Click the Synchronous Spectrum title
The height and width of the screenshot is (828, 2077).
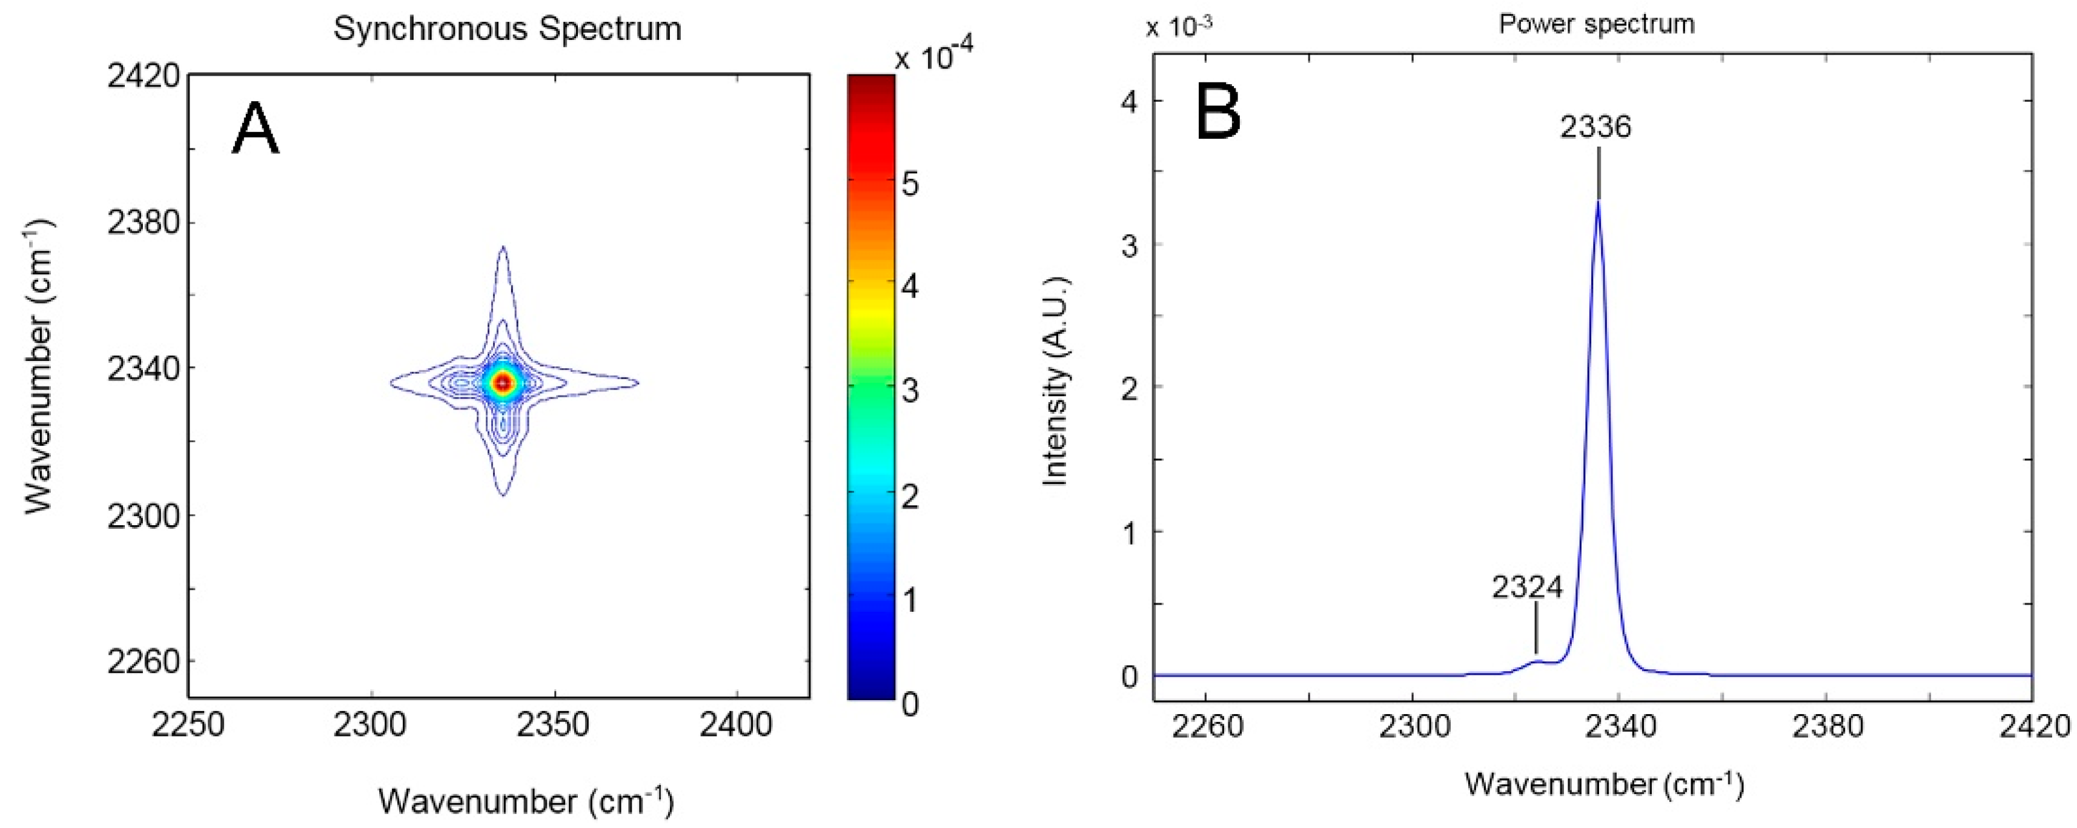(507, 29)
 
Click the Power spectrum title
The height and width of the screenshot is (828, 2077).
(1597, 24)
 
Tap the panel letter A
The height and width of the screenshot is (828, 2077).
(255, 131)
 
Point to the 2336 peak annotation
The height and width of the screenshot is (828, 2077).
(1595, 127)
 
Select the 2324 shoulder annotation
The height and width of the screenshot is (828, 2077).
(1527, 587)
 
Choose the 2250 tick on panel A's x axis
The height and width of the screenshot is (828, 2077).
(188, 726)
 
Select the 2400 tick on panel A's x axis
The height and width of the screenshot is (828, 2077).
(736, 726)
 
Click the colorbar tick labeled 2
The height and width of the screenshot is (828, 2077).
(910, 497)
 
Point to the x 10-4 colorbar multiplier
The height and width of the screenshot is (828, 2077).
(933, 56)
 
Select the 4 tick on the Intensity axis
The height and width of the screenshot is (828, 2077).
(1128, 102)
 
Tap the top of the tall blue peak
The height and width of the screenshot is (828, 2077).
(1598, 202)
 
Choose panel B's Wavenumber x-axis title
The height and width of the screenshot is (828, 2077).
(1605, 784)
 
